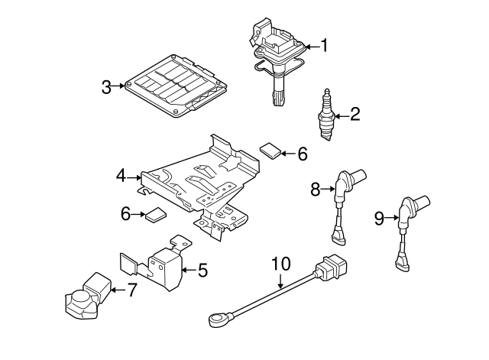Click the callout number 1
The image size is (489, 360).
click(323, 47)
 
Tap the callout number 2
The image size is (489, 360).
click(354, 115)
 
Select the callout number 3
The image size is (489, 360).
click(107, 86)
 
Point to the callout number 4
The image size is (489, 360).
click(121, 177)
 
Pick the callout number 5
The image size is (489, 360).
click(202, 269)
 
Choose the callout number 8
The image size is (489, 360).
click(316, 188)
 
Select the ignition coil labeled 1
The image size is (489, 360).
click(277, 61)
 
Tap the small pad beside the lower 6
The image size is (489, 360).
click(157, 215)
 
